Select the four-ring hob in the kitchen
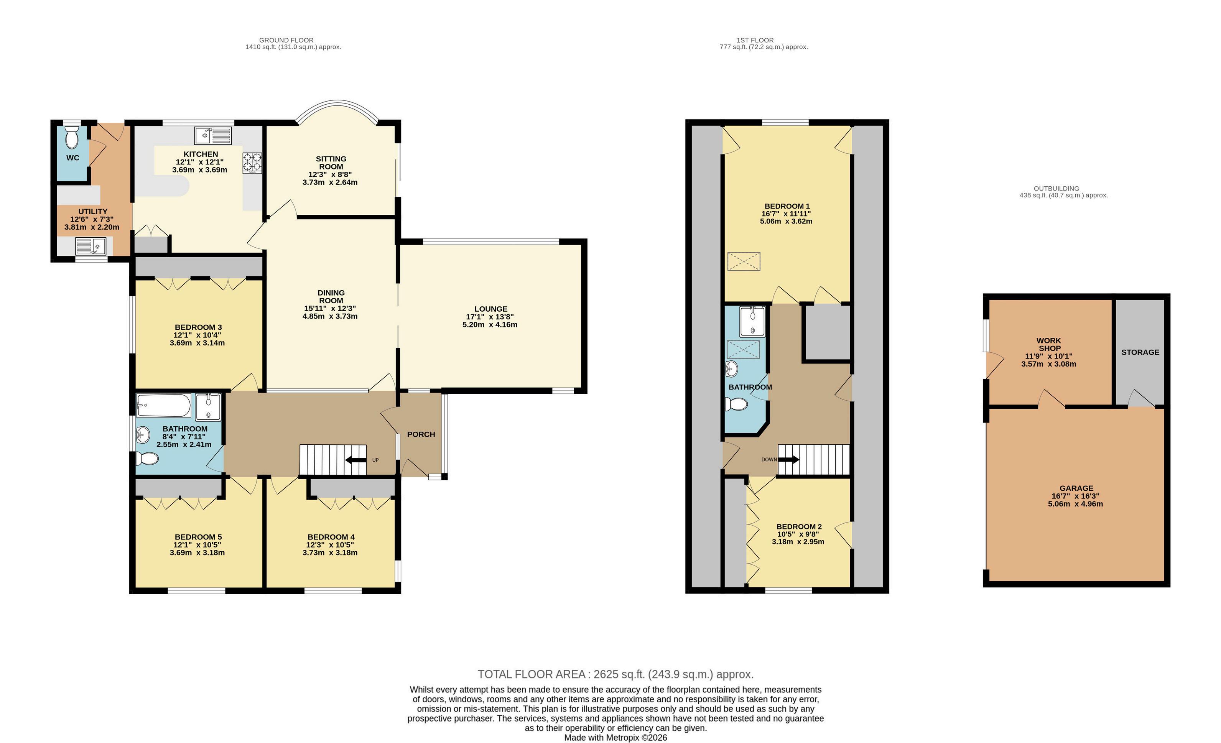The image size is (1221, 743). [252, 163]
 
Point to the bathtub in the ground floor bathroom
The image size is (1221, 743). [163, 405]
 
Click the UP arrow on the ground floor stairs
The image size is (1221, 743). [355, 460]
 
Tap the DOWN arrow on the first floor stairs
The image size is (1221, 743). [788, 460]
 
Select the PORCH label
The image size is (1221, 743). [421, 434]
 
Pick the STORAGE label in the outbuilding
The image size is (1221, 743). [1140, 352]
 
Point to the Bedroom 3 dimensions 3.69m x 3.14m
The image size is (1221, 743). [197, 343]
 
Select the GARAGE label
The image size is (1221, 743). [1076, 488]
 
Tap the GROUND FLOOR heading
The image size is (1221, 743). [286, 40]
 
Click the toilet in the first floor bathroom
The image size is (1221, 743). [736, 405]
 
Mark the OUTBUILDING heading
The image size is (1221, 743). [1056, 189]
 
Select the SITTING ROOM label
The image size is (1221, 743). [331, 163]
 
